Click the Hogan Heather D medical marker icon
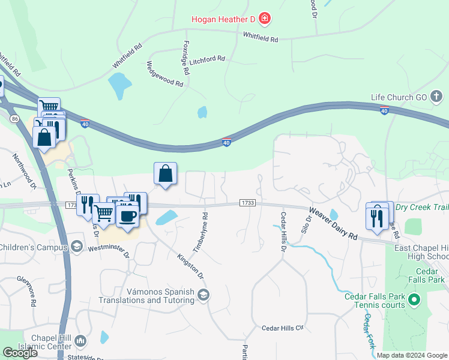tap(264, 19)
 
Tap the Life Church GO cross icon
tap(436, 96)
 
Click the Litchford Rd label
tap(206, 59)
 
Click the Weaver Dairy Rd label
tap(333, 224)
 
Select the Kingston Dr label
tap(191, 266)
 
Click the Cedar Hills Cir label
tap(283, 328)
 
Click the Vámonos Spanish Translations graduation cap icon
tap(204, 294)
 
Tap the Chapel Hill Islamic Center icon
tap(80, 341)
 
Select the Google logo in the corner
tap(20, 353)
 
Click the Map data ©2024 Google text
tap(412, 355)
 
